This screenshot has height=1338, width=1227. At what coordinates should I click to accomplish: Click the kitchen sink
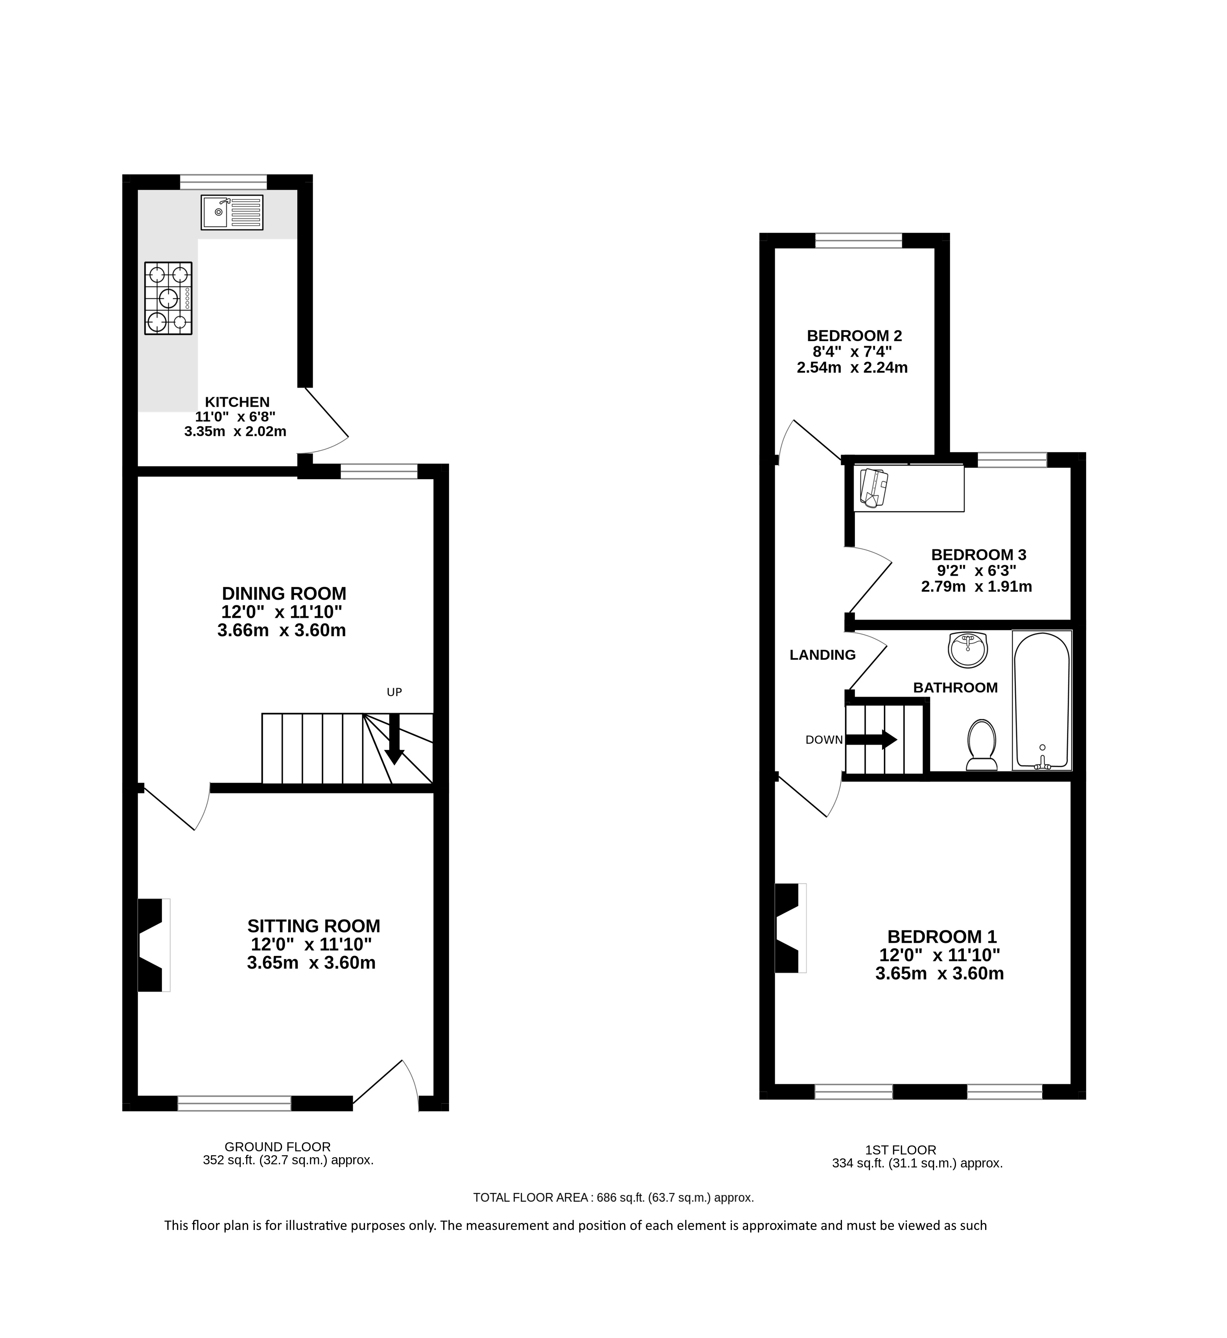(x=232, y=212)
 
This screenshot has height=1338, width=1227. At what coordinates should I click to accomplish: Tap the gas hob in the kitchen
(x=169, y=298)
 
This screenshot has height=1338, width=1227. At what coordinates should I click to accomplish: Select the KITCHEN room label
(x=237, y=402)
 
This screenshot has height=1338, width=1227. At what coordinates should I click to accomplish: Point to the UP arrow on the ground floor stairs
(x=394, y=739)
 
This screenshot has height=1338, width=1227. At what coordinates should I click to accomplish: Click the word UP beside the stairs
(x=394, y=692)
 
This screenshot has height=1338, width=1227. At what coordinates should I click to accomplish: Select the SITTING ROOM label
(x=314, y=926)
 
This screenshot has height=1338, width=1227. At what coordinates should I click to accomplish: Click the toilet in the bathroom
(x=982, y=744)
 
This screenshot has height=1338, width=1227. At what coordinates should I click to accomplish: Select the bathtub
(x=1042, y=700)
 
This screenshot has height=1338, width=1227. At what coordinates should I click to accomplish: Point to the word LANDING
(x=823, y=655)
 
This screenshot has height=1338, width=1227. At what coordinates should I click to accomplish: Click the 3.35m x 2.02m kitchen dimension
(x=235, y=432)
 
